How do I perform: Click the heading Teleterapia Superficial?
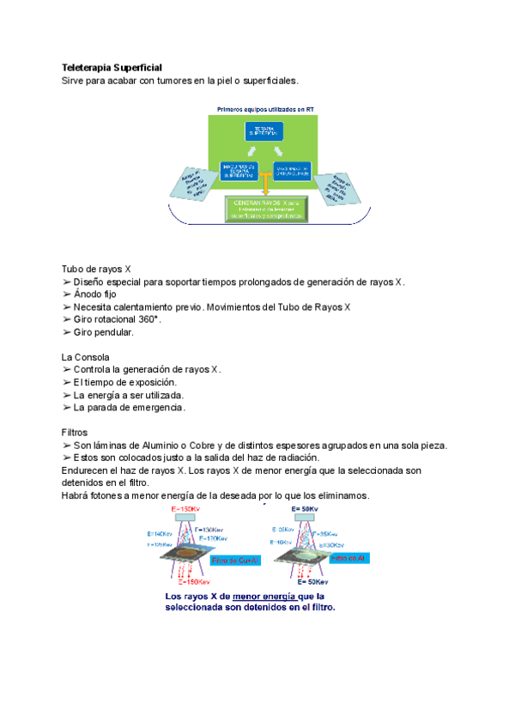(112, 67)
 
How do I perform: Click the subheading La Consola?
(85, 357)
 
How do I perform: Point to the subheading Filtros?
(75, 433)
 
